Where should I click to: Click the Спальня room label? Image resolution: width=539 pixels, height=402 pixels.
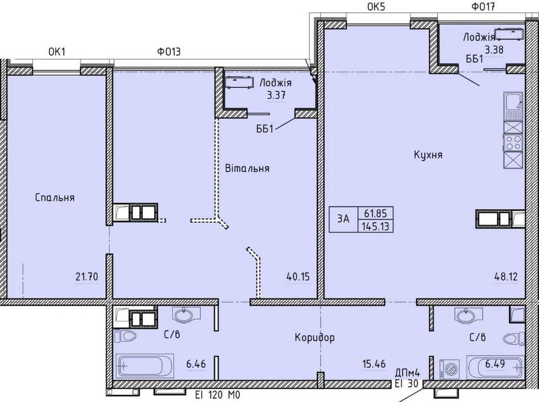55,198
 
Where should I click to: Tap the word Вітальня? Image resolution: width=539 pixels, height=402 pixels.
247,169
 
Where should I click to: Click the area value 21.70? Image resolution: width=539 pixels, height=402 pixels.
86,277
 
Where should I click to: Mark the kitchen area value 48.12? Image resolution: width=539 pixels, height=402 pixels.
506,277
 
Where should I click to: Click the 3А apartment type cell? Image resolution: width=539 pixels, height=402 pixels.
344,218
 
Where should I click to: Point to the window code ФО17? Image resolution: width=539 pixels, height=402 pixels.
481,7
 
